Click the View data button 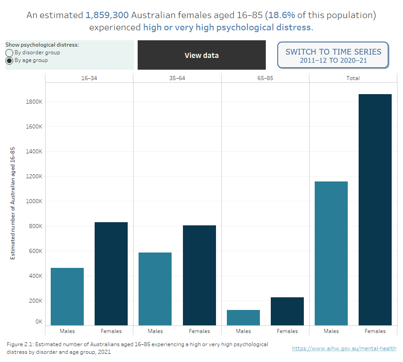pyautogui.click(x=201, y=55)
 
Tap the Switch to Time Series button pyautogui.click(x=333, y=55)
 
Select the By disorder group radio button pyautogui.click(x=9, y=53)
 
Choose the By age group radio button pyautogui.click(x=9, y=61)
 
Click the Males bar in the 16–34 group pyautogui.click(x=67, y=296)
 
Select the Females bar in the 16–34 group pyautogui.click(x=111, y=274)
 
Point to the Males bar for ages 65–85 pyautogui.click(x=243, y=317)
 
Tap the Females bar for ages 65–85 pyautogui.click(x=287, y=311)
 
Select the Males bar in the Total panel pyautogui.click(x=331, y=253)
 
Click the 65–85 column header pyautogui.click(x=265, y=78)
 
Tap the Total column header pyautogui.click(x=353, y=78)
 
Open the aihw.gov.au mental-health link pyautogui.click(x=344, y=348)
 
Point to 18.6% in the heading pyautogui.click(x=282, y=15)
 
